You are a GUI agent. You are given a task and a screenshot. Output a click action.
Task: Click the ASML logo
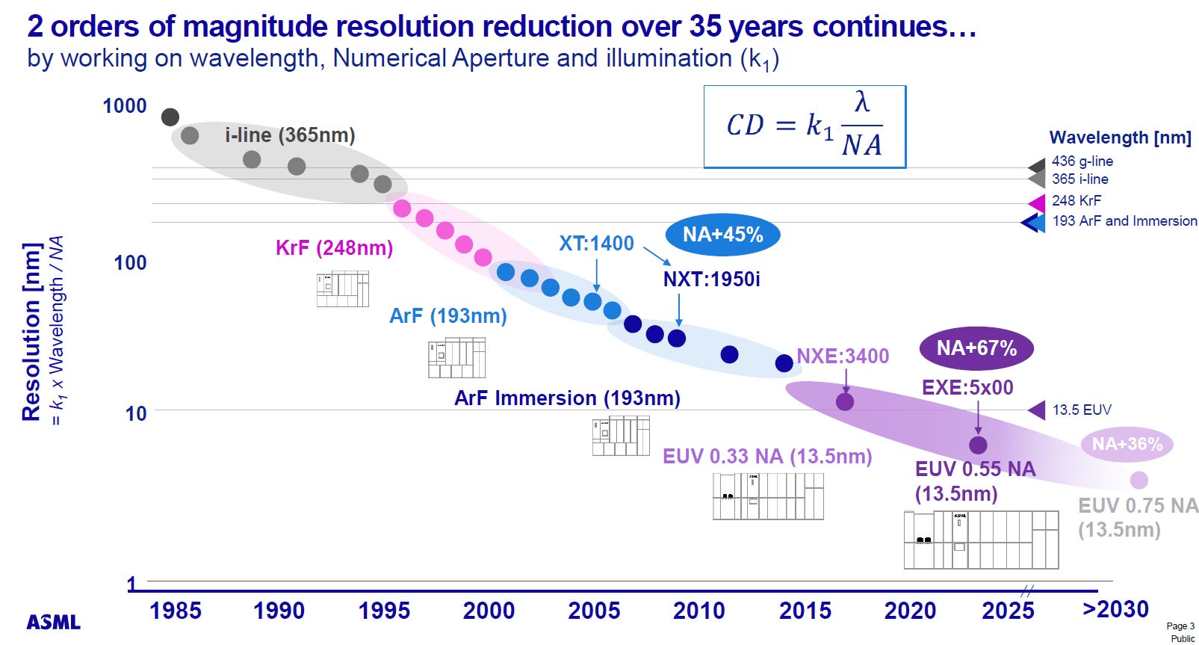[x=53, y=622]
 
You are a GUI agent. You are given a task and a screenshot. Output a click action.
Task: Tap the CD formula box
[x=805, y=126]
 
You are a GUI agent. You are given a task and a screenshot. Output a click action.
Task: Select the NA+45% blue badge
[x=722, y=235]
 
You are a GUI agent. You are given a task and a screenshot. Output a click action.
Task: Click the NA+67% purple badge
[x=976, y=348]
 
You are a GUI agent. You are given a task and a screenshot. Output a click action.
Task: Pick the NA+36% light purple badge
[x=1127, y=444]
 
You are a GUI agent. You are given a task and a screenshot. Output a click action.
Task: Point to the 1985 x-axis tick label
[x=175, y=611]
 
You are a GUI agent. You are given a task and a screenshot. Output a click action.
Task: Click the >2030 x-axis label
[x=1115, y=609]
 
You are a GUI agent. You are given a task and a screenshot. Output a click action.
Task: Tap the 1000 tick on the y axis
[x=124, y=106]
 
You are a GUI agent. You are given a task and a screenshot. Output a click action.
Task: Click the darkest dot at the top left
[x=170, y=117]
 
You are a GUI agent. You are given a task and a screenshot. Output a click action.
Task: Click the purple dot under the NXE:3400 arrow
[x=845, y=401]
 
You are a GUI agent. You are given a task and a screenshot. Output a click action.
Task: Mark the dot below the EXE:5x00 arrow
[x=978, y=445]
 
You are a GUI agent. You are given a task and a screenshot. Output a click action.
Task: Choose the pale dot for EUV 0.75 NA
[x=1138, y=480]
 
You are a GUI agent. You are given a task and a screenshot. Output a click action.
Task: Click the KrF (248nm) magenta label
[x=334, y=248]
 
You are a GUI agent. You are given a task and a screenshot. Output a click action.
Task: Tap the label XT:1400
[x=596, y=243]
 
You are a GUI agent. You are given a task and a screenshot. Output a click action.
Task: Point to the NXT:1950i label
[x=711, y=280]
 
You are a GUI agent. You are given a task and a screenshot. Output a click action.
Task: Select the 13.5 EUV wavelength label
[x=1081, y=410]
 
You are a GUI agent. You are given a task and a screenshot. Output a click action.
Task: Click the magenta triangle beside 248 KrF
[x=1037, y=203]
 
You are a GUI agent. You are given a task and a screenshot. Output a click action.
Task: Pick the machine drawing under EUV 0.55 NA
[x=981, y=540]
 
